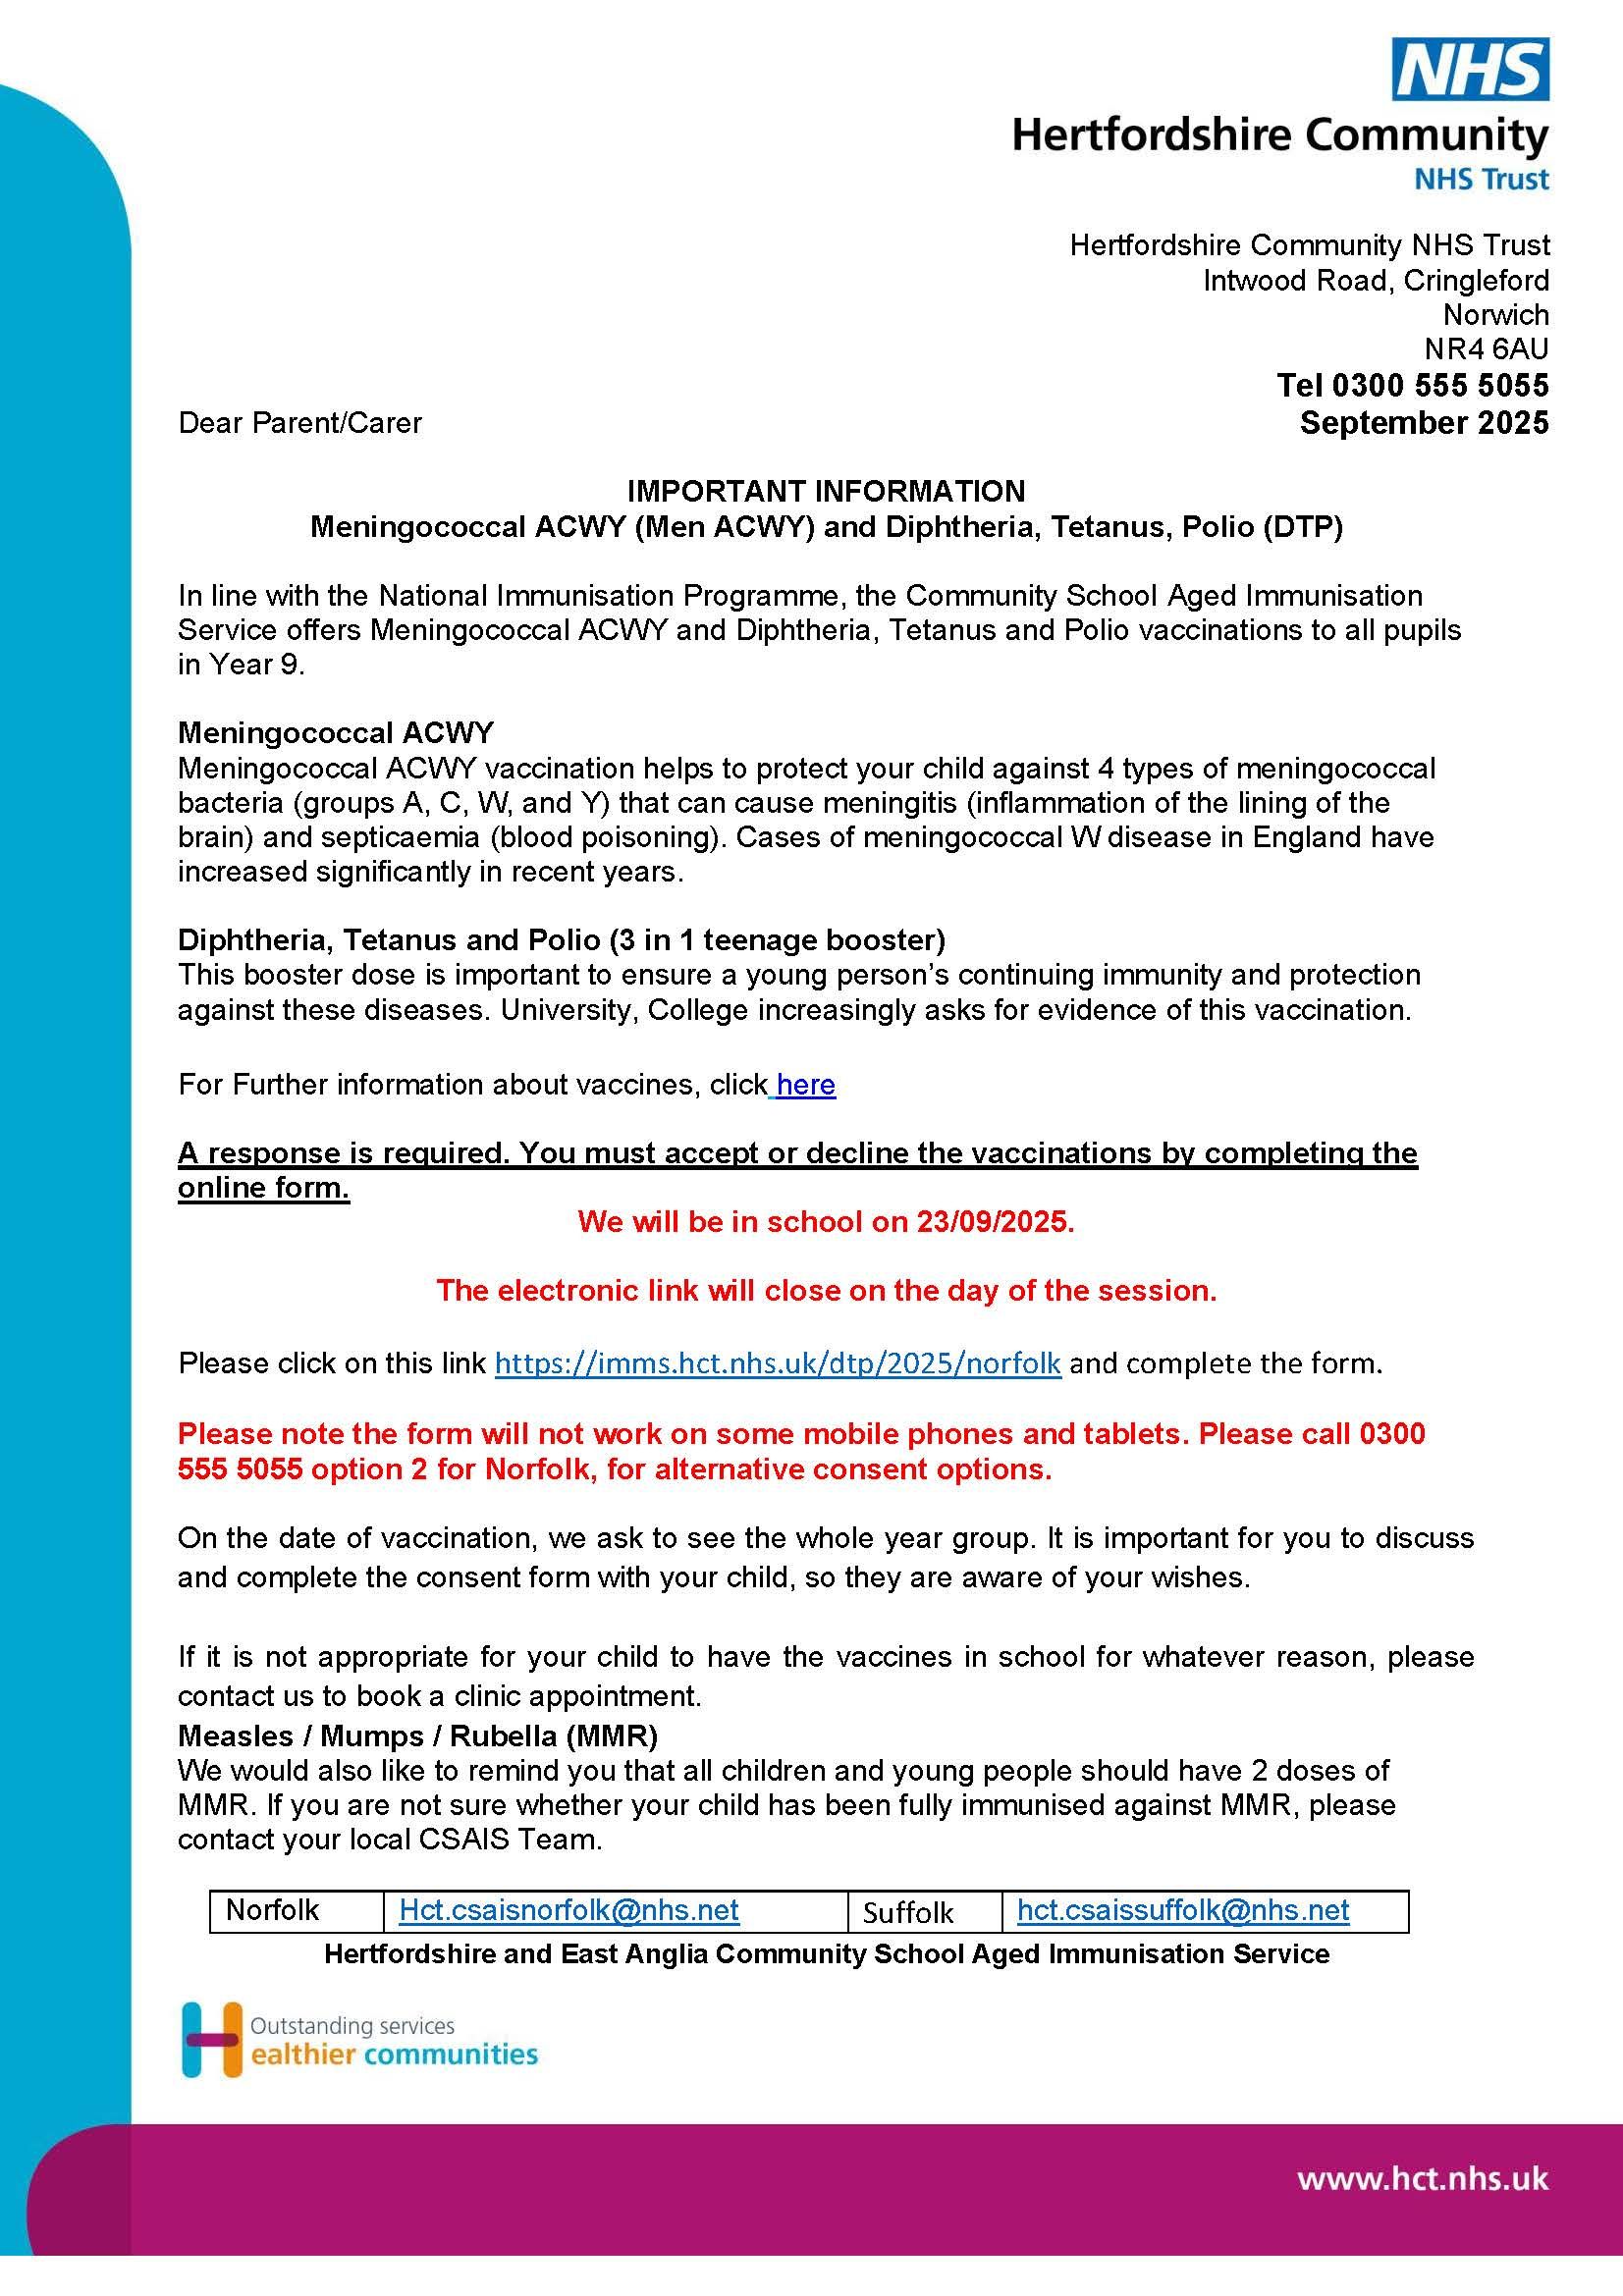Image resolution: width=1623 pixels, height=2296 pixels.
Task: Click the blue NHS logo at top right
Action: (1471, 69)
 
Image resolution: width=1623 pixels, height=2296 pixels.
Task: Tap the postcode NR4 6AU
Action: (1486, 349)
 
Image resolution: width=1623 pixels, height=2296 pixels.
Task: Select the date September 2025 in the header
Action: (1423, 423)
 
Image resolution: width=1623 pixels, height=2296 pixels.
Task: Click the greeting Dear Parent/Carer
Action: (300, 423)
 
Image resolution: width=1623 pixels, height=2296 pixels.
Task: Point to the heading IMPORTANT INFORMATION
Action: (826, 491)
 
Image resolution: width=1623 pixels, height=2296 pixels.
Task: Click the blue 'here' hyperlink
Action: (805, 1085)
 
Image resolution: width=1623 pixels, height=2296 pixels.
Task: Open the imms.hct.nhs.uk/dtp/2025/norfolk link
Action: (778, 1364)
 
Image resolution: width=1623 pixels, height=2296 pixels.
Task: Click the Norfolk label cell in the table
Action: (272, 1910)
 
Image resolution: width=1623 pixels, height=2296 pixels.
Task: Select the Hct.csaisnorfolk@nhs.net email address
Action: (569, 1910)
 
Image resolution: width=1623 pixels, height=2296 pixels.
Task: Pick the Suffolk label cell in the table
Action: (908, 1912)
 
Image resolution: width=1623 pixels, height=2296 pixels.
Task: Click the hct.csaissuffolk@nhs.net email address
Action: (1183, 1910)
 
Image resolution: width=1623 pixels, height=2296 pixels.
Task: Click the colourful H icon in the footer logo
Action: (211, 2039)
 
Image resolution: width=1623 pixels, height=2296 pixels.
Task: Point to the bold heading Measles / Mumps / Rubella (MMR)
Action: (418, 1735)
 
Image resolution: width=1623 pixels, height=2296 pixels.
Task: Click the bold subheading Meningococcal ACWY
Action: (336, 733)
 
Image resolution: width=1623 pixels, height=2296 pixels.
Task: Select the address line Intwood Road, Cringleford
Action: (1375, 280)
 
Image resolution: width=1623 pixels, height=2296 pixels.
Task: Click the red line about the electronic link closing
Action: (826, 1291)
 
